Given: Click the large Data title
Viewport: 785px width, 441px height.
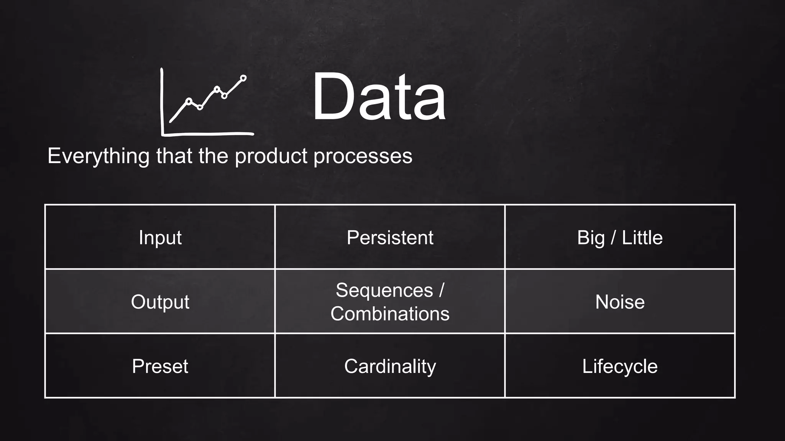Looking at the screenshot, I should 379,96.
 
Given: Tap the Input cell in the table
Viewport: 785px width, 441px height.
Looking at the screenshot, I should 160,237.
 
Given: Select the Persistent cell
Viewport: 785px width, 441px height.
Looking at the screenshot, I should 390,237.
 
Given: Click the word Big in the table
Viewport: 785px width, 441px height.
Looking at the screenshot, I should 590,238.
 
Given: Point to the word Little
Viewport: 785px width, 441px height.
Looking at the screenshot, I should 642,237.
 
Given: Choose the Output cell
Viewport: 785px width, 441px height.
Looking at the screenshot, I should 160,302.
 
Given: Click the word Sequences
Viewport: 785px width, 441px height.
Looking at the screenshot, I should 384,290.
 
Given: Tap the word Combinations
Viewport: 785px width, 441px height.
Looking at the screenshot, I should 390,314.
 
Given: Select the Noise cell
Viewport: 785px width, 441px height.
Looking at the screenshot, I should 620,302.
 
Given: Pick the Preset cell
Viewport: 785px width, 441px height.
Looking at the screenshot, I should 160,366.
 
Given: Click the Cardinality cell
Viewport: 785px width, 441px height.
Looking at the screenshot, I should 390,366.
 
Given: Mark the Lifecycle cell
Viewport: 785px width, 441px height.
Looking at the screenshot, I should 620,366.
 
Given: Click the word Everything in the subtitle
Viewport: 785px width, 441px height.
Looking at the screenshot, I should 99,156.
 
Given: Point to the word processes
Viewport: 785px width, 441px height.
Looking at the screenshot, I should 363,156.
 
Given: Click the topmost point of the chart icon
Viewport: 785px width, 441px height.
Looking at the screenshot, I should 243,78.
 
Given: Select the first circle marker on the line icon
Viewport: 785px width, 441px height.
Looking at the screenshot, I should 189,101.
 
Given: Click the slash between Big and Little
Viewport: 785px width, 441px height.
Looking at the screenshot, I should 613,237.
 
